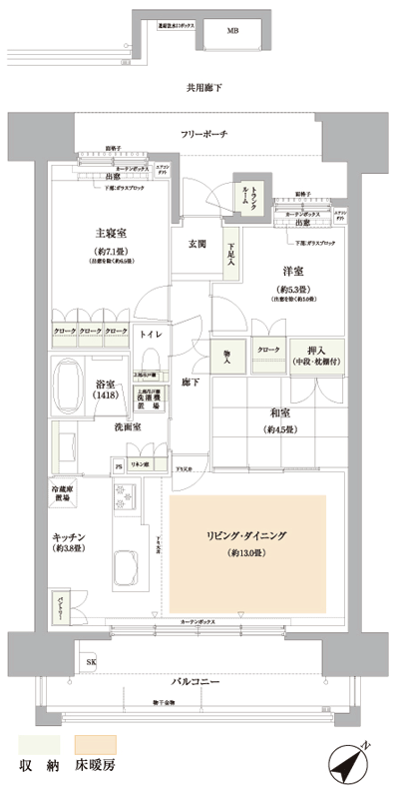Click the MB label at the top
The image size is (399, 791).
click(x=232, y=31)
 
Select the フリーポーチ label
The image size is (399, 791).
click(x=204, y=135)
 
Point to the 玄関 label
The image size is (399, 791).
click(x=197, y=244)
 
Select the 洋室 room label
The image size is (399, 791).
click(x=292, y=270)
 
